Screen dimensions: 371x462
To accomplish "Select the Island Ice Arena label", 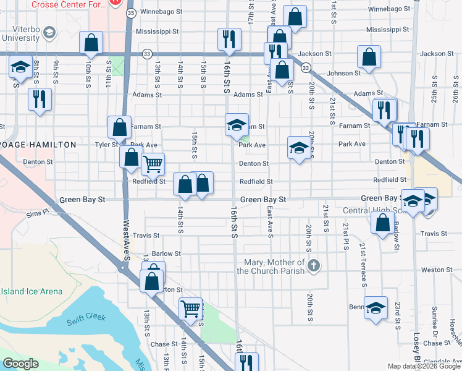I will pyautogui.click(x=31, y=291).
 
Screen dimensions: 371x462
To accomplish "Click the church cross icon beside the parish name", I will pyautogui.click(x=314, y=266).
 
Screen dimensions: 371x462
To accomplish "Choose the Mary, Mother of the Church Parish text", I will pyautogui.click(x=274, y=266).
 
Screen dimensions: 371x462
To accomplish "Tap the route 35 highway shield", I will pyautogui.click(x=130, y=12).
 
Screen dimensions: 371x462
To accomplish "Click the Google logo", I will pyautogui.click(x=20, y=364).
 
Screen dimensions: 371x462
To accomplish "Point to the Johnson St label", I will pyautogui.click(x=343, y=74).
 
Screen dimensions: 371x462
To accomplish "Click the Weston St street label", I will pyautogui.click(x=432, y=270).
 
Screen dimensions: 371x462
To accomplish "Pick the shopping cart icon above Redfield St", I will pyautogui.click(x=153, y=164).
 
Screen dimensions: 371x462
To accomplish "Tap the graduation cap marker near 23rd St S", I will pyautogui.click(x=376, y=307).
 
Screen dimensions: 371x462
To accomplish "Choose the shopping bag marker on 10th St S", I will pyautogui.click(x=91, y=43).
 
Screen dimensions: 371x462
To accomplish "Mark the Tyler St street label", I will pyautogui.click(x=106, y=145).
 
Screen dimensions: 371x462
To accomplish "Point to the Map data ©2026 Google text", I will pyautogui.click(x=423, y=365).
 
